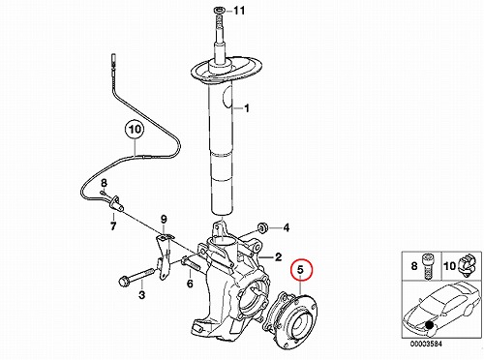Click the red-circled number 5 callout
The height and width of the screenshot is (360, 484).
(x=301, y=269)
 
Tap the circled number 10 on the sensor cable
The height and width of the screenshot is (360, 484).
(x=135, y=130)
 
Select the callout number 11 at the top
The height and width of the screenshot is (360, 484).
(x=239, y=11)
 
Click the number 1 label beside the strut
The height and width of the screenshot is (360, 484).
(x=247, y=108)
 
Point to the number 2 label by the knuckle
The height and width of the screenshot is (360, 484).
(x=278, y=257)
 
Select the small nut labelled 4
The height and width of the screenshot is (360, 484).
(x=261, y=228)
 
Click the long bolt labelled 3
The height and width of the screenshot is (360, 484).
(x=136, y=277)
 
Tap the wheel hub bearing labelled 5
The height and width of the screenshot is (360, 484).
(x=290, y=319)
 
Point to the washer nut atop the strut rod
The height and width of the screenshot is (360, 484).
(x=218, y=12)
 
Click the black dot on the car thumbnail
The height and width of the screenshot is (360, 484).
(x=429, y=325)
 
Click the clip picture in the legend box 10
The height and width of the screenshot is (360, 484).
(x=469, y=265)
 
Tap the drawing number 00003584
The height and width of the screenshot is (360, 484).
(x=426, y=344)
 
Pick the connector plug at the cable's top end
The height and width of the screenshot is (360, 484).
(x=113, y=60)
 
